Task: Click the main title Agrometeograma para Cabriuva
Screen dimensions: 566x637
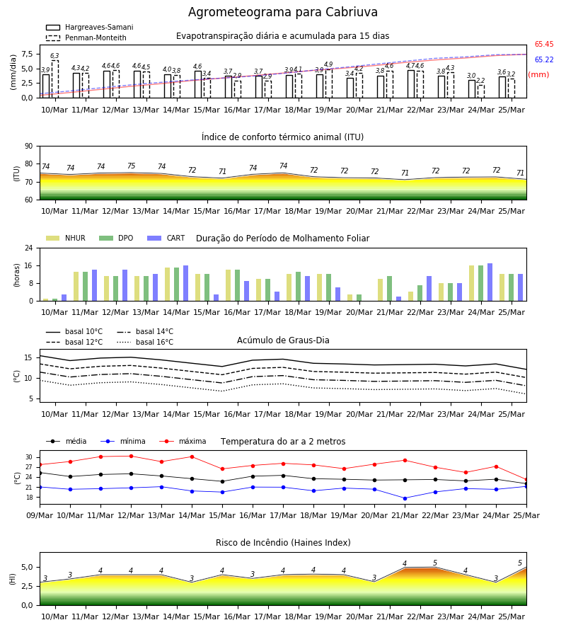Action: [282, 12]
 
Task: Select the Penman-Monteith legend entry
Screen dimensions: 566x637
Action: [86, 38]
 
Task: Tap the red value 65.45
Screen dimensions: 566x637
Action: [544, 45]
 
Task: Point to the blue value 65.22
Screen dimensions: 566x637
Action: [544, 59]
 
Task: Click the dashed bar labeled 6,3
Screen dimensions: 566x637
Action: [54, 79]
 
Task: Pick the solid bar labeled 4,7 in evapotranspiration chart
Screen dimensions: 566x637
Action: [411, 84]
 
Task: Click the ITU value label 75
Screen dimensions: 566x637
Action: [131, 166]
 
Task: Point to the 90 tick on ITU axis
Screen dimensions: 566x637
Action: [29, 147]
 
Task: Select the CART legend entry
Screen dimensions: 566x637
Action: [166, 238]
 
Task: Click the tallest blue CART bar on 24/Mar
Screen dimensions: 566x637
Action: [490, 282]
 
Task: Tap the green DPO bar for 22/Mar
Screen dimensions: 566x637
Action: [420, 293]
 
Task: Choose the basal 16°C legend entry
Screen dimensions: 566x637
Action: [145, 342]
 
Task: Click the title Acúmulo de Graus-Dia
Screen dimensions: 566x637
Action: [283, 340]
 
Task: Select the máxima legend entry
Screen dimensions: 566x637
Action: [183, 441]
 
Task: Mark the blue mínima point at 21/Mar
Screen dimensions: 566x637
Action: [405, 498]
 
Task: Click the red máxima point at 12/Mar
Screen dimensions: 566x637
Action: [131, 457]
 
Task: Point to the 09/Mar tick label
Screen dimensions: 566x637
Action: [40, 515]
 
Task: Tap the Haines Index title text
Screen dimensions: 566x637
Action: [283, 543]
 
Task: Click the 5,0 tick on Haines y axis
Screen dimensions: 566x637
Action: [27, 568]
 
